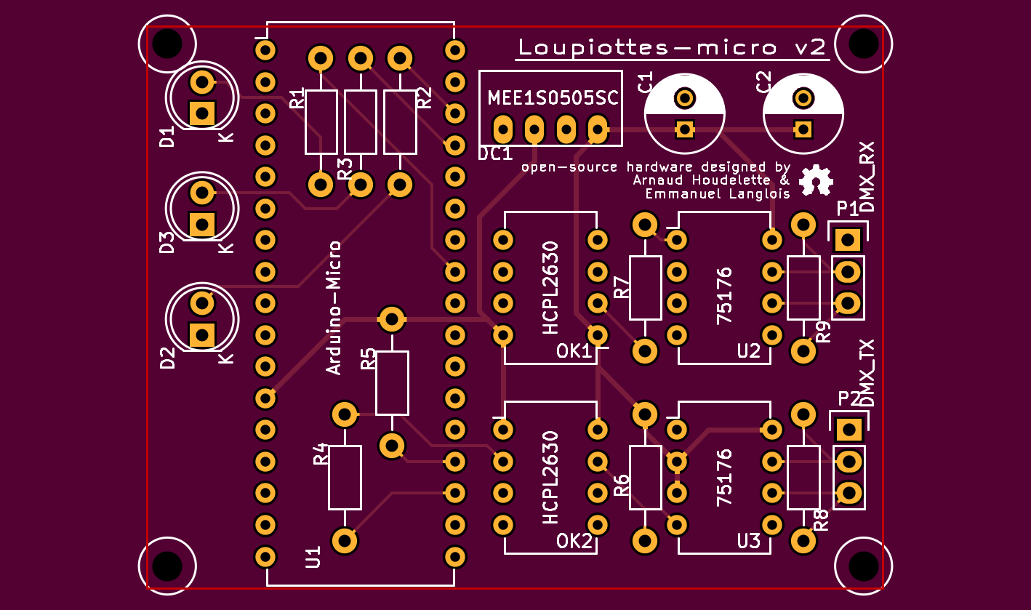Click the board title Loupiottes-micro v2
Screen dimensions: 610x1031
coord(672,48)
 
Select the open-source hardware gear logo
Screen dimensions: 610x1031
coord(815,180)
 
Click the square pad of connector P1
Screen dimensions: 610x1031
coord(847,238)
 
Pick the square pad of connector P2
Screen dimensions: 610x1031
coord(848,429)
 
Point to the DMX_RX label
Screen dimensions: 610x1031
coord(867,177)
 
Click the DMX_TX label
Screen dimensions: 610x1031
coord(867,373)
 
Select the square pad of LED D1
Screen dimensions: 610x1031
coord(201,113)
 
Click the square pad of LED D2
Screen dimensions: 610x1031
coord(201,335)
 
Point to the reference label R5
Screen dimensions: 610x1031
coord(369,359)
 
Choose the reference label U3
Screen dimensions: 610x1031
coord(748,542)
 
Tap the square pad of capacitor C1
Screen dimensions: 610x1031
coord(684,129)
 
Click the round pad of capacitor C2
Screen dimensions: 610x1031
coord(803,97)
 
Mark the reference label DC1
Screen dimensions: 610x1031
coord(495,154)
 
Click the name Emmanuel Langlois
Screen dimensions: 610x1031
coord(717,194)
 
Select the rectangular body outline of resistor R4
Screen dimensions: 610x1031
coord(345,478)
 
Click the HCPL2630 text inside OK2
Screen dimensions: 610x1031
coord(550,478)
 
